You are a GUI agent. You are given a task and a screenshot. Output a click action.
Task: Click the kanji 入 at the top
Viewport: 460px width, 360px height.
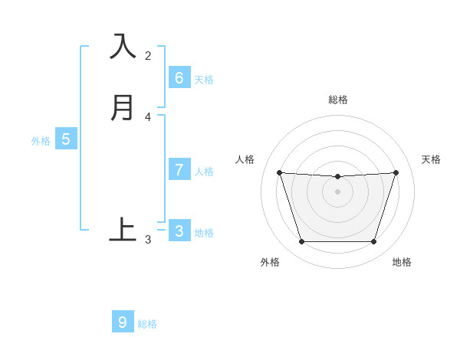(x=123, y=47)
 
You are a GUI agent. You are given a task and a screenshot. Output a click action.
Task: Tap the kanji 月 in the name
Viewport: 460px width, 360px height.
(x=123, y=107)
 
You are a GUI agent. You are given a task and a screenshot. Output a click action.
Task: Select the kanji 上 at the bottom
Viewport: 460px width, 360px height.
(x=123, y=229)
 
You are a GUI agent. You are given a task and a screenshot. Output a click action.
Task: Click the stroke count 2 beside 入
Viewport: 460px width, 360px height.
(x=148, y=55)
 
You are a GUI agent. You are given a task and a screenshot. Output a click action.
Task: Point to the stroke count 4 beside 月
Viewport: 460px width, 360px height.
(x=148, y=116)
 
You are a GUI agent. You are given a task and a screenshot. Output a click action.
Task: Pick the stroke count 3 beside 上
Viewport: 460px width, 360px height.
(x=148, y=240)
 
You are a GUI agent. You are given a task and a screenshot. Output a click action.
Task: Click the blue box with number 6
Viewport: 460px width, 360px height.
(x=179, y=77)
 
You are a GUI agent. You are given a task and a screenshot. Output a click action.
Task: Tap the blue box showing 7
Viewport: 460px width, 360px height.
(x=179, y=169)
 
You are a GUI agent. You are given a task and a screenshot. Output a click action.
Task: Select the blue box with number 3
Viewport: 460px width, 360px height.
(x=179, y=231)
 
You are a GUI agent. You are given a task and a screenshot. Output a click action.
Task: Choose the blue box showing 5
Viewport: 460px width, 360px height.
(x=66, y=139)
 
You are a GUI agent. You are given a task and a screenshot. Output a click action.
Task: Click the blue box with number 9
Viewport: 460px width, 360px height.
(x=123, y=322)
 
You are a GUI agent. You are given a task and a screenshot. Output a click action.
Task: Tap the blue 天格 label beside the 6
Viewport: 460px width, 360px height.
(x=204, y=80)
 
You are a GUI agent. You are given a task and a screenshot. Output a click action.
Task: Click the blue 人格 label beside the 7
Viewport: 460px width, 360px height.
(x=204, y=172)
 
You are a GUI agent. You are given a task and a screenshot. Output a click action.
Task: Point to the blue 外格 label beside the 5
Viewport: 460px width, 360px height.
(x=41, y=141)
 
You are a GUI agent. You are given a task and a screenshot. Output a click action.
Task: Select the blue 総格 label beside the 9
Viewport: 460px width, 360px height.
(x=147, y=324)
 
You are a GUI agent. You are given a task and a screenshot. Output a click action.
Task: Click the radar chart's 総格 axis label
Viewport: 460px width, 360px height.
(x=338, y=100)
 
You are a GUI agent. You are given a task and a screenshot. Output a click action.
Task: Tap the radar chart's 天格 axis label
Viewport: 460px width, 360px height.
(x=432, y=159)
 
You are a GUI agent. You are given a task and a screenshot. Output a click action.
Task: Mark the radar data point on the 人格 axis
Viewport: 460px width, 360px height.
(x=279, y=173)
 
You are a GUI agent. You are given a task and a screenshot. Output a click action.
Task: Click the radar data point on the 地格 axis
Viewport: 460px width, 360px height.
(x=373, y=242)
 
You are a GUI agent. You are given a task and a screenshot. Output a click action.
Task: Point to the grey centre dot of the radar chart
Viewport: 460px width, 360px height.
(x=337, y=191)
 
